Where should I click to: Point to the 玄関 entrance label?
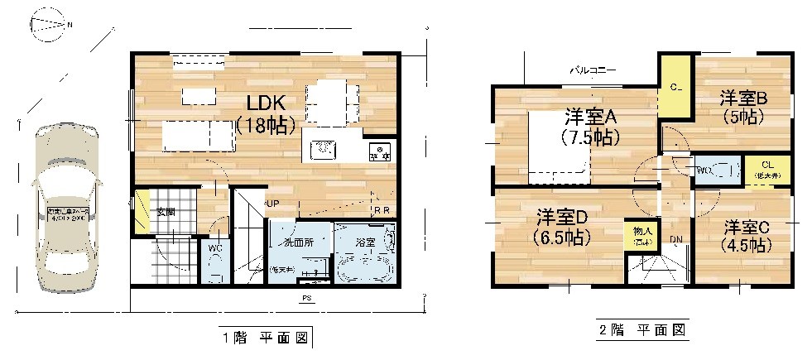[165, 212]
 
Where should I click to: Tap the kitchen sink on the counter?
[322, 150]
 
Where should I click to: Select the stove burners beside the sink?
[379, 151]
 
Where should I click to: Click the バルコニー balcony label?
[592, 71]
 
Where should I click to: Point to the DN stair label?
[676, 239]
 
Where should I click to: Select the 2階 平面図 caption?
[642, 329]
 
